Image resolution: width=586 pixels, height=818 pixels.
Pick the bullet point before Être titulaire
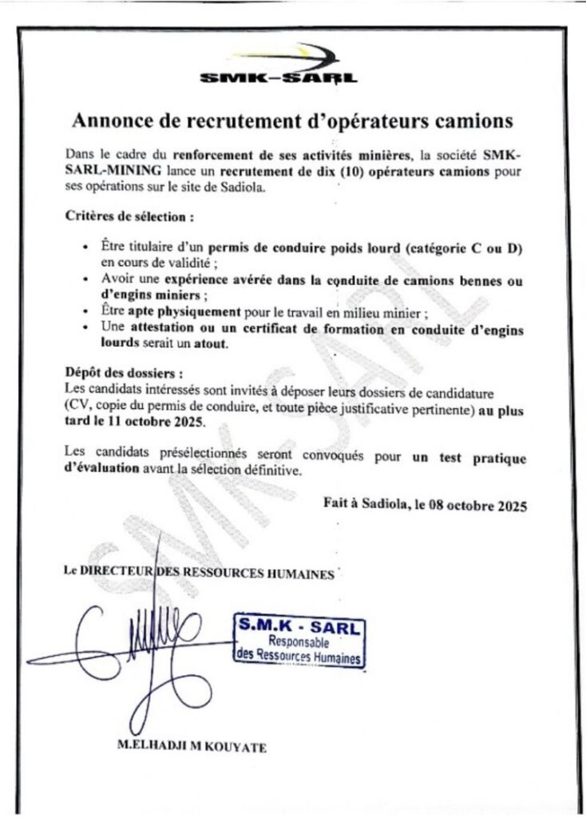[x=85, y=248]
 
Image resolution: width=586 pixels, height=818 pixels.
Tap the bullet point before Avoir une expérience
[x=85, y=280]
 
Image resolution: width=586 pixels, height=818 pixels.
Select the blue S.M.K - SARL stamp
[x=299, y=640]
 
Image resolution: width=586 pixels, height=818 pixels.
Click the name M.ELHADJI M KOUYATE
[x=192, y=749]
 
